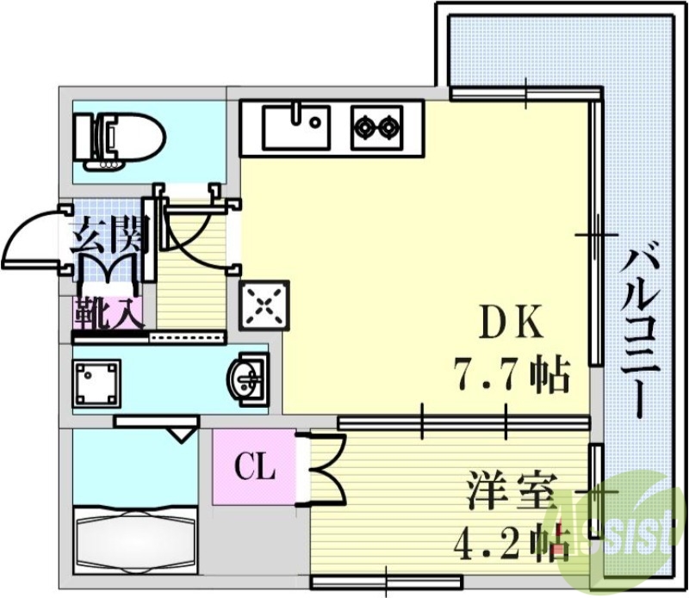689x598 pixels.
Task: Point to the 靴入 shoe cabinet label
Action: coord(107,312)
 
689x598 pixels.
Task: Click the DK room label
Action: coord(512,326)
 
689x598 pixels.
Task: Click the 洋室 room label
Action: coord(510,491)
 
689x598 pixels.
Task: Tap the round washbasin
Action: coord(247,377)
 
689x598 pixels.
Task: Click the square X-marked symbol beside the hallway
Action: coord(264,304)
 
